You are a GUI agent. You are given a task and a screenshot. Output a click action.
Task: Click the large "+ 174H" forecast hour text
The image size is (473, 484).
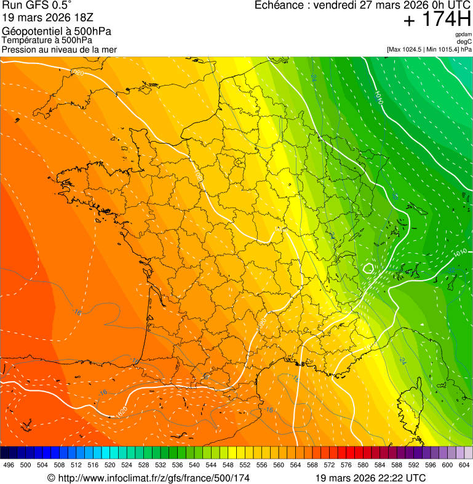[437, 20]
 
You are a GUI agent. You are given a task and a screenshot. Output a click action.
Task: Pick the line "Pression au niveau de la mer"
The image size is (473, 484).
[59, 49]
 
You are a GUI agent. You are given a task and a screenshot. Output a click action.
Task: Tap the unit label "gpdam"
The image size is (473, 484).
[463, 34]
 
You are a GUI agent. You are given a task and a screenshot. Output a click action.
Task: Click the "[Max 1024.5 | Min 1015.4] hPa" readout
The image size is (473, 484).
[429, 49]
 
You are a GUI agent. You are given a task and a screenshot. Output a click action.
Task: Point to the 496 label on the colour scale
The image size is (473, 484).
[9, 465]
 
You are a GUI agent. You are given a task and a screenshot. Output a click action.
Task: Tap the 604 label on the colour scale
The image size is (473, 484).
[464, 465]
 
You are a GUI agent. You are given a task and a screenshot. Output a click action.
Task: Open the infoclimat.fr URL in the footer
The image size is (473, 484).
[149, 478]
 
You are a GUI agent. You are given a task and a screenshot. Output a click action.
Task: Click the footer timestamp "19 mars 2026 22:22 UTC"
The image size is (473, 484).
[370, 478]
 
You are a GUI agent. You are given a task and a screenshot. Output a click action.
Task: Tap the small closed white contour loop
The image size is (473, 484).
[368, 268]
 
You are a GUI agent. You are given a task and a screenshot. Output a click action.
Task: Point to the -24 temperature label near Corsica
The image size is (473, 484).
[402, 360]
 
